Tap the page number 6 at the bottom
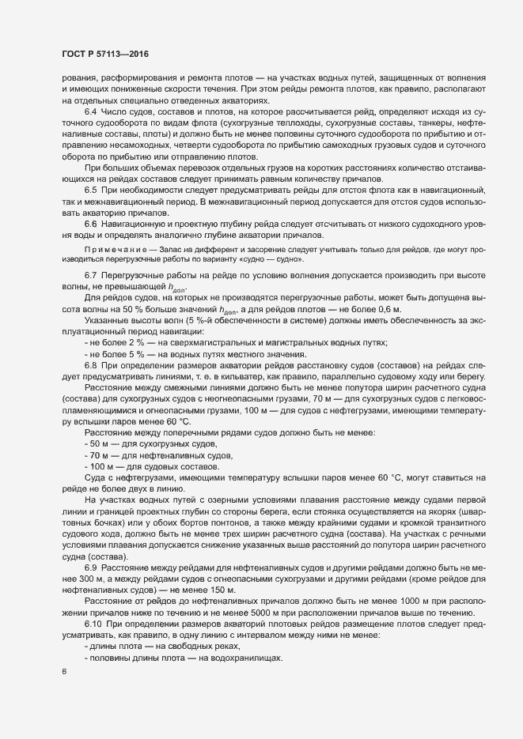pos(63,673)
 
